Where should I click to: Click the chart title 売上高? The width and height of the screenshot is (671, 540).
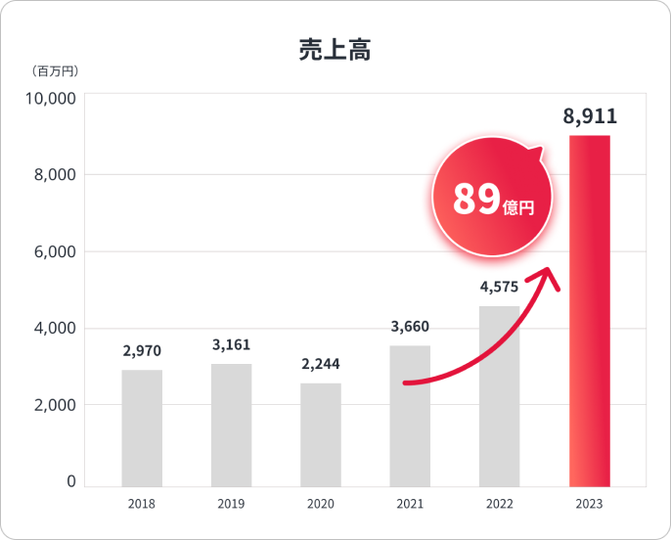tap(335, 50)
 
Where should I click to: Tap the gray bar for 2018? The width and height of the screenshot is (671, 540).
tap(142, 427)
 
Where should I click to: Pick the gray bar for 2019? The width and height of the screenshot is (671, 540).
tap(231, 425)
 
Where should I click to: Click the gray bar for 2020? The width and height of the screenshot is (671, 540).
tap(321, 434)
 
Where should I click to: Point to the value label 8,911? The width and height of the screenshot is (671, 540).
tap(590, 117)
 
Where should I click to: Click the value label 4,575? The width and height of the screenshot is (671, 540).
tap(499, 288)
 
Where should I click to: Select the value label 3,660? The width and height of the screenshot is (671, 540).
tap(410, 327)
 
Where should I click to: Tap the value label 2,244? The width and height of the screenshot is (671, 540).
tap(321, 364)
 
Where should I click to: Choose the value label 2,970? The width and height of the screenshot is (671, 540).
tap(142, 350)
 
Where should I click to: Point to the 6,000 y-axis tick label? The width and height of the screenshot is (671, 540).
tap(55, 251)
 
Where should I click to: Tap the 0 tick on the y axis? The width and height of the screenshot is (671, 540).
tap(71, 481)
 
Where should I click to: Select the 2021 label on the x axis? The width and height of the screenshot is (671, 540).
tap(410, 504)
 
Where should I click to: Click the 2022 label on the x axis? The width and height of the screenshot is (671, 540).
tap(499, 504)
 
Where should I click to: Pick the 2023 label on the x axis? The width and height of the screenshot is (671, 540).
tap(589, 504)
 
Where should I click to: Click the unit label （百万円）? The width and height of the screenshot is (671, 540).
tap(55, 70)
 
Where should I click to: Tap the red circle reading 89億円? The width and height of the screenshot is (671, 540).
tap(493, 201)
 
